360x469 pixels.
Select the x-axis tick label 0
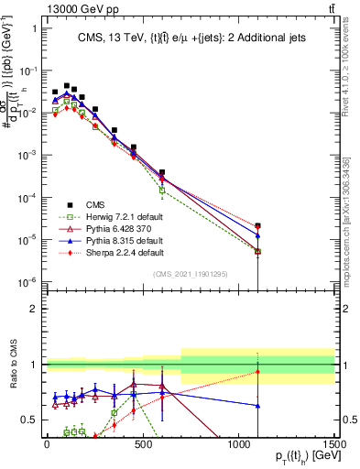[47, 442]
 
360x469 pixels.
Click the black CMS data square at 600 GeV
[161, 172]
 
